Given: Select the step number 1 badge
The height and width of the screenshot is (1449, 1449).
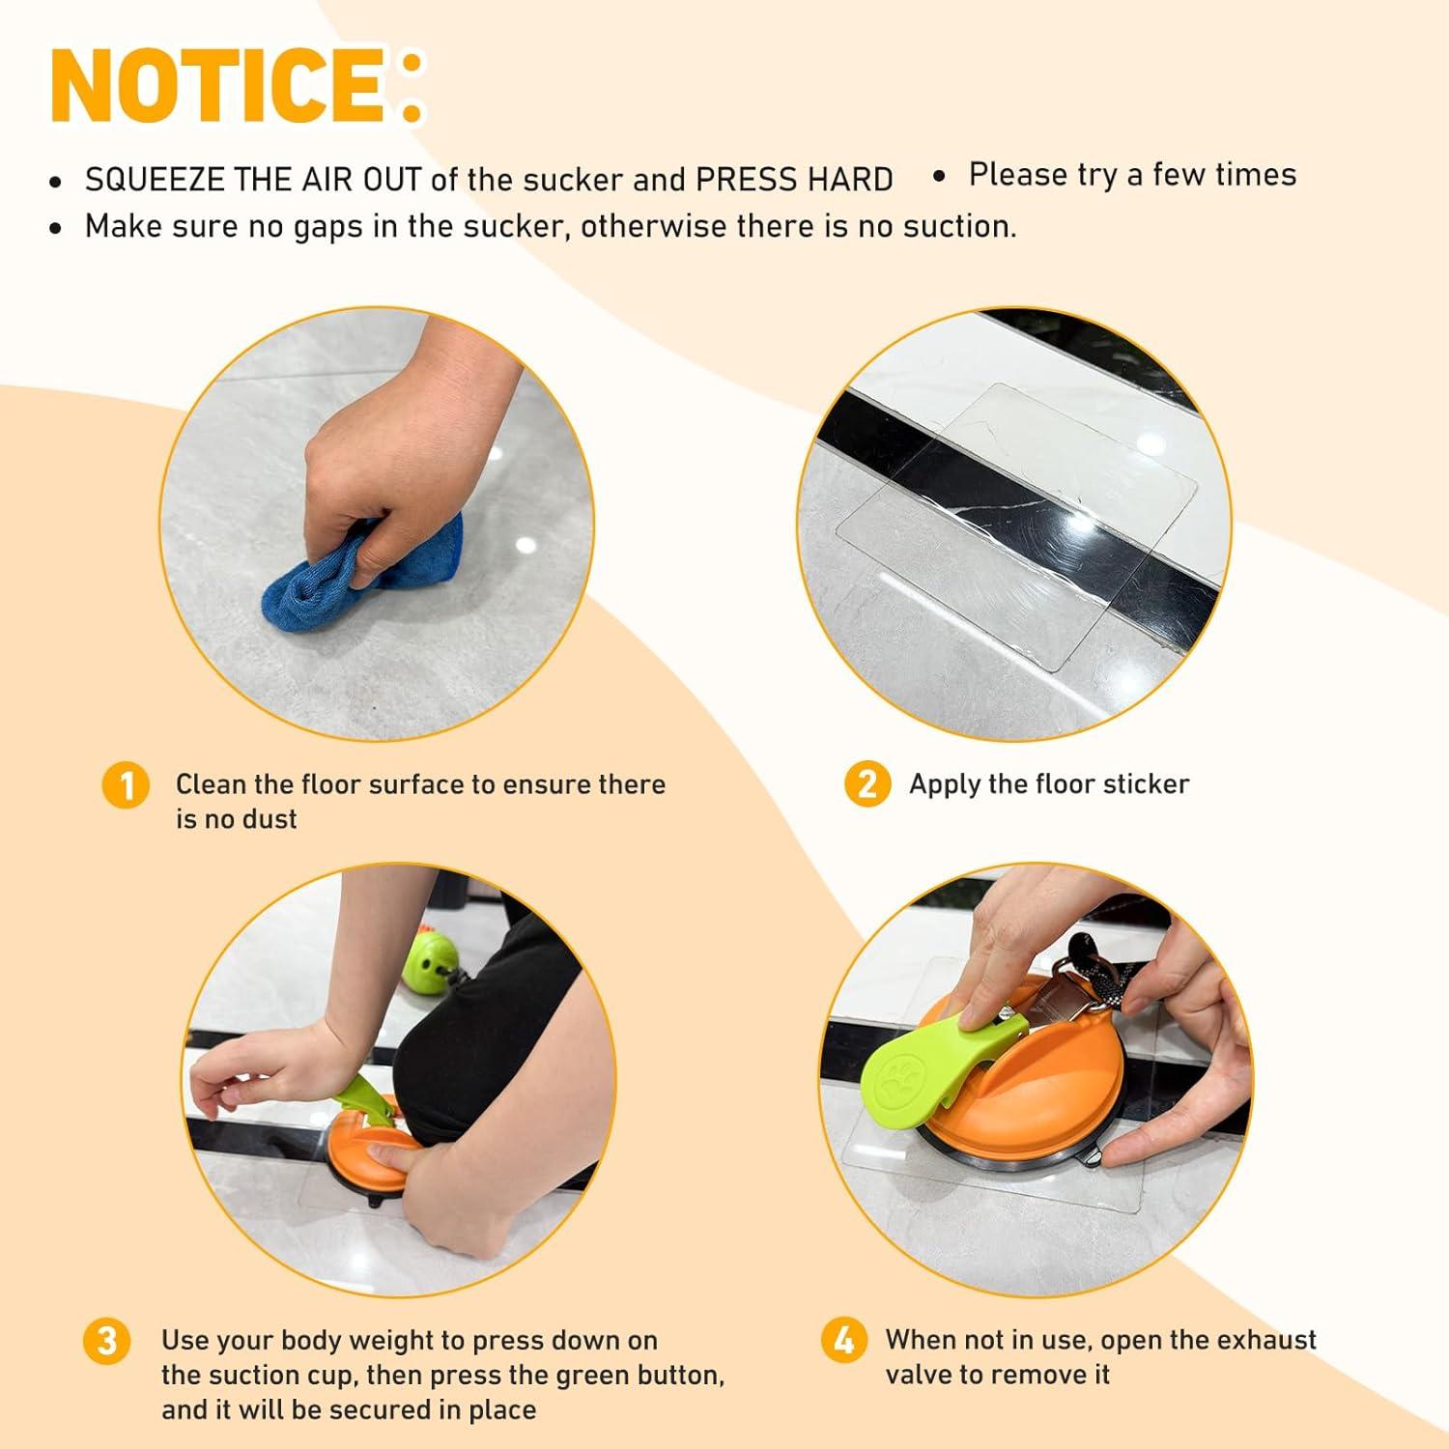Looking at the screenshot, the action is (x=126, y=784).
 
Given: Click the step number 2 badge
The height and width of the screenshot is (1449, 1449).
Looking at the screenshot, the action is (x=867, y=783).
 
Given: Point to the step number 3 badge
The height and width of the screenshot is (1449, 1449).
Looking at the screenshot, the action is (x=106, y=1341).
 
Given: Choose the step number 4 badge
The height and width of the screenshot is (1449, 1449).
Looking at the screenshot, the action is (x=843, y=1341).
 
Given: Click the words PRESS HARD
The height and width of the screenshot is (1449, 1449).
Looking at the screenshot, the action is (x=794, y=180).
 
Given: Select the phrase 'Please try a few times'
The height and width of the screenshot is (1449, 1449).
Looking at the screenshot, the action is (x=1132, y=175).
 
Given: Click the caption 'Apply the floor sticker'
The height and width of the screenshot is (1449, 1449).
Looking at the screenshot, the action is (x=1049, y=783).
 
